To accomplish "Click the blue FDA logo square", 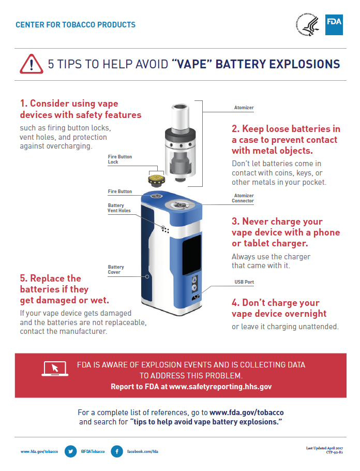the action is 334,25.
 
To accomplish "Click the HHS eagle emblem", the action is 307,24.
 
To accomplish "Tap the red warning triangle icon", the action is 31,64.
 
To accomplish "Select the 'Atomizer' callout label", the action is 244,108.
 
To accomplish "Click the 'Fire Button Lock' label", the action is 120,159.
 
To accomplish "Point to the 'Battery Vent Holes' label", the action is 119,208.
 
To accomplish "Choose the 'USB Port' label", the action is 244,282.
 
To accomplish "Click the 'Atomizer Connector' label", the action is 243,198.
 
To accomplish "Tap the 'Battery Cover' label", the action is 116,270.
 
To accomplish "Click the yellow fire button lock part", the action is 156,180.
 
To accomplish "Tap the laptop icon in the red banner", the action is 55,369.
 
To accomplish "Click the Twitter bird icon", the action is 70,451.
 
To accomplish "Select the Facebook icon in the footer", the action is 117,451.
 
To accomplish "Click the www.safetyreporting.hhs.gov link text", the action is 220,387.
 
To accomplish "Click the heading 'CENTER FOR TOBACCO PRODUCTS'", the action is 76,25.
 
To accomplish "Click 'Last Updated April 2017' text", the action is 324,448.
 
